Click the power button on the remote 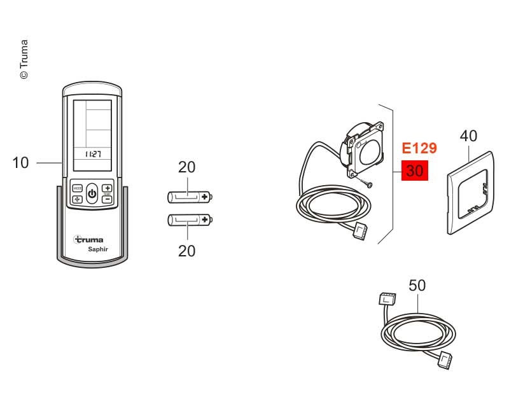[x=92, y=194]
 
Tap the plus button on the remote [x=108, y=188]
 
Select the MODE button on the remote [x=77, y=188]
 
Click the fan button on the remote [x=77, y=199]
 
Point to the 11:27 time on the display [x=93, y=154]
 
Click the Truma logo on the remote [x=88, y=239]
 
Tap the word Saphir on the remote [x=98, y=249]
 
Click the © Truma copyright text [x=24, y=59]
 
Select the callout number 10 [x=20, y=163]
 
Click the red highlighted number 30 [x=415, y=171]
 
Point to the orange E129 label [x=419, y=148]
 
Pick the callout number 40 [x=468, y=136]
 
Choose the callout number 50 [x=417, y=285]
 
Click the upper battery [x=190, y=197]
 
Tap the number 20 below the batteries [x=186, y=251]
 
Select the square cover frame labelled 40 [x=471, y=193]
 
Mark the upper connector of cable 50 [x=387, y=298]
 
